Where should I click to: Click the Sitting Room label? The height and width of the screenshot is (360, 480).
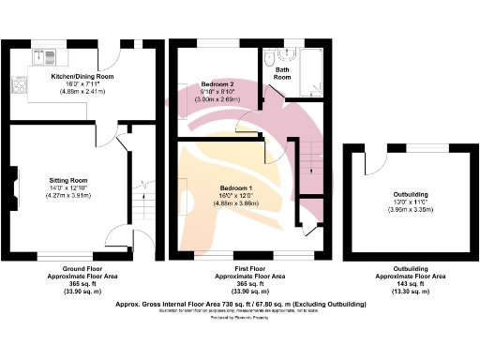click(67, 178)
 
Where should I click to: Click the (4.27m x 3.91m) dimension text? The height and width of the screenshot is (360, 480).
click(67, 193)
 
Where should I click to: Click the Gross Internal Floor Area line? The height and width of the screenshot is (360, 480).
click(240, 305)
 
